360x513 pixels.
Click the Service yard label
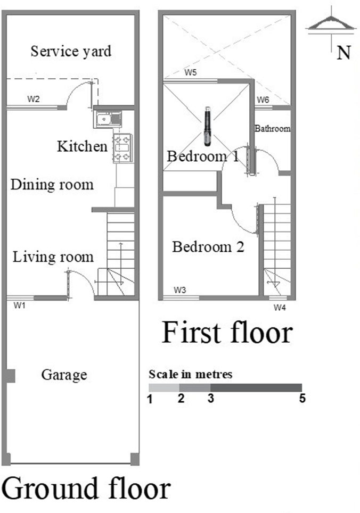pyautogui.click(x=71, y=52)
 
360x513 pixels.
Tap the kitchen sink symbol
pyautogui.click(x=108, y=119)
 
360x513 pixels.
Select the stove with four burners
pyautogui.click(x=122, y=148)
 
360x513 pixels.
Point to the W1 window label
pyautogui.click(x=19, y=305)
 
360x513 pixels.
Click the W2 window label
pyautogui.click(x=34, y=99)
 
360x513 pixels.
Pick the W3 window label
pyautogui.click(x=180, y=290)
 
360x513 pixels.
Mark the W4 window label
pyautogui.click(x=280, y=308)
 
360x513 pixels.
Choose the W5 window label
pyautogui.click(x=191, y=72)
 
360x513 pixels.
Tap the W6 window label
pyautogui.click(x=263, y=100)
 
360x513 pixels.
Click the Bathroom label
pyautogui.click(x=273, y=129)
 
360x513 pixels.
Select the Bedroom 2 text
pyautogui.click(x=208, y=247)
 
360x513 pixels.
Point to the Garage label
pyautogui.click(x=64, y=375)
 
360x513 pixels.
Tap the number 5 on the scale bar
pyautogui.click(x=302, y=398)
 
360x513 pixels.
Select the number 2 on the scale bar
pyautogui.click(x=181, y=398)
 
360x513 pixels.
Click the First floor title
pyautogui.click(x=227, y=333)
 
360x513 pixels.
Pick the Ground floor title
pyautogui.click(x=86, y=488)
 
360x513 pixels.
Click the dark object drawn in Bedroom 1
pyautogui.click(x=208, y=126)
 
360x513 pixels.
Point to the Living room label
pyautogui.click(x=53, y=257)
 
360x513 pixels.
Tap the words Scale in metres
pyautogui.click(x=191, y=374)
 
